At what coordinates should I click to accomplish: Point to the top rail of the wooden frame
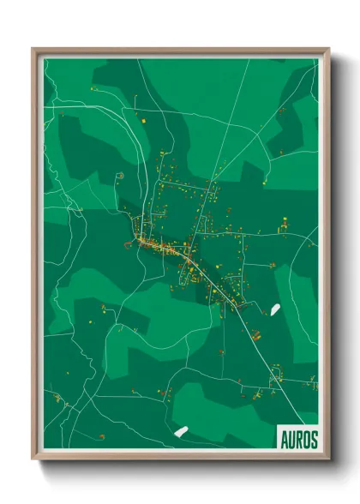[180, 50]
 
